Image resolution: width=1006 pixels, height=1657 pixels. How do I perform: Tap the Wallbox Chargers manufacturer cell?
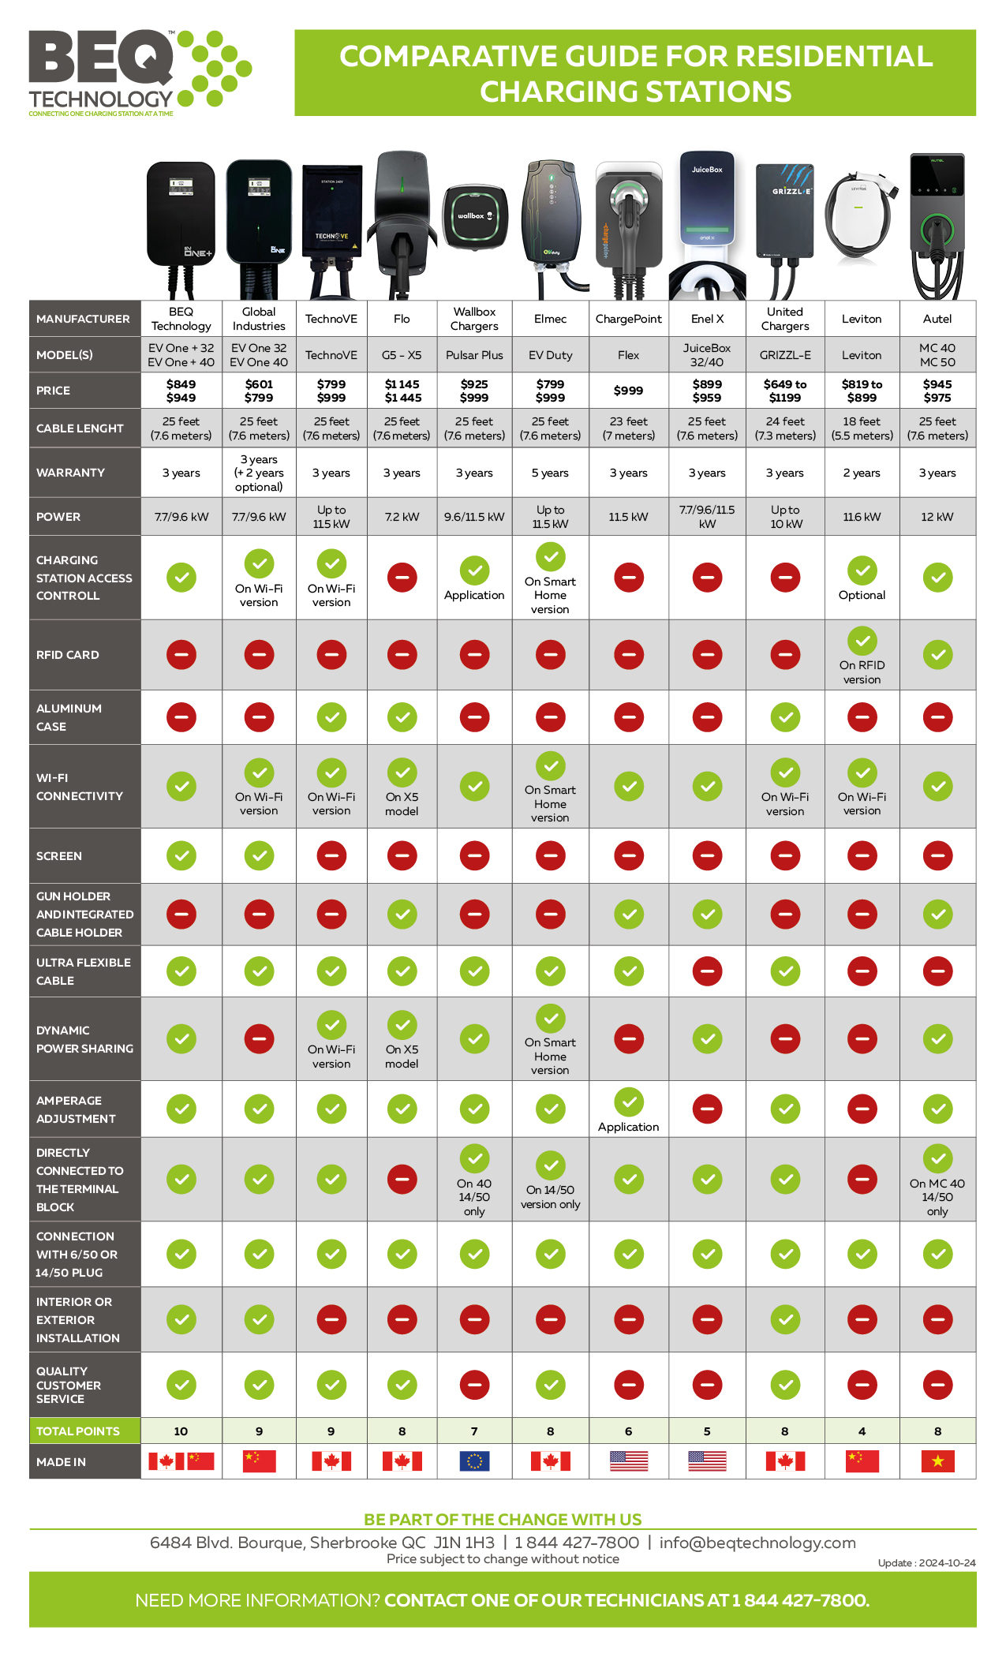coord(474,319)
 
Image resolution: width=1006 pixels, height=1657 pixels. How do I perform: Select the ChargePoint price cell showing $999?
coord(628,391)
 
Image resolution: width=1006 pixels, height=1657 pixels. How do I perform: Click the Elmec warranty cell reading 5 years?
coord(550,473)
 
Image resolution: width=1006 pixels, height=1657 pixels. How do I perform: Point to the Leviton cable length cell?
coord(862,428)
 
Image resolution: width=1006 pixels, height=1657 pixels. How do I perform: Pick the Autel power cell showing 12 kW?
coord(937,517)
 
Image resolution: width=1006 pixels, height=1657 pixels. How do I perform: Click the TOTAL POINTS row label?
coord(78,1431)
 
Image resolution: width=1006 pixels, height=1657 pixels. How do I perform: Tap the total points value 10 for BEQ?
coord(181,1431)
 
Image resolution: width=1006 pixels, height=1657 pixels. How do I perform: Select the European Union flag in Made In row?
coord(474,1461)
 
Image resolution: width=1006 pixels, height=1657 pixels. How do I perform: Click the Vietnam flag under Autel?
coord(937,1461)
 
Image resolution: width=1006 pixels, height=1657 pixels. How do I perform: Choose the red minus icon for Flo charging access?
coord(402,578)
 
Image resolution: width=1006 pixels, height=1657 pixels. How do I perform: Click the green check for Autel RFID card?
coord(937,654)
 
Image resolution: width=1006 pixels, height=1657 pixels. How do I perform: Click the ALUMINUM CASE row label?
coord(69,717)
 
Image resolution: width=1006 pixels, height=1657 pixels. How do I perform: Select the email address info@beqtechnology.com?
coord(757,1543)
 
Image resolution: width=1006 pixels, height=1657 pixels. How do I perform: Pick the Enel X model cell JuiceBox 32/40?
coord(707,355)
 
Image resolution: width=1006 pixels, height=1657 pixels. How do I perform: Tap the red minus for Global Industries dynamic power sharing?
coord(259,1039)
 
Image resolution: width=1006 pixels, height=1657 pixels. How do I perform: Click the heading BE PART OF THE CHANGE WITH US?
coord(503,1520)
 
